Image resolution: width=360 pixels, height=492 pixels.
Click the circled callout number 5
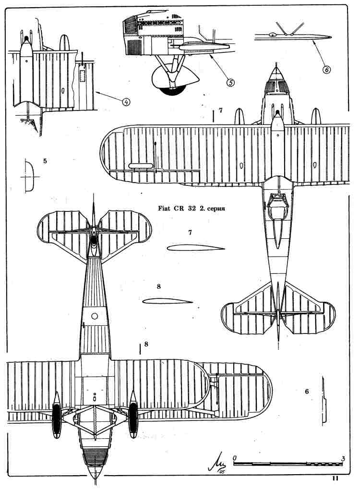[x=230, y=82]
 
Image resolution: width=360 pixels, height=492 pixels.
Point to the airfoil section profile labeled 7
[x=196, y=248]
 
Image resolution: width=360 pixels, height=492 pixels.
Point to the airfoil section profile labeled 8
[x=168, y=301]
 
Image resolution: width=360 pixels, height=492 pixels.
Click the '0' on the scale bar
[x=235, y=458]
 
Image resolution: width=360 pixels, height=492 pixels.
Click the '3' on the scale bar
[x=343, y=458]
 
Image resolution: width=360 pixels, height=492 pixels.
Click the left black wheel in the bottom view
[x=57, y=420]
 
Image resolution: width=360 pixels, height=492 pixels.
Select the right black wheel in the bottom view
[x=133, y=420]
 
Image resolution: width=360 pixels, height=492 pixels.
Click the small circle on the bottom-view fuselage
[x=95, y=316]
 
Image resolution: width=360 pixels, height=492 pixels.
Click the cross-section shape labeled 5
[x=29, y=176]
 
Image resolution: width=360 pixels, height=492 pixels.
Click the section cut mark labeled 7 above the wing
[x=213, y=115]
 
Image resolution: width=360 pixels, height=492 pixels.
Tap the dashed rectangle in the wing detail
[x=83, y=76]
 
